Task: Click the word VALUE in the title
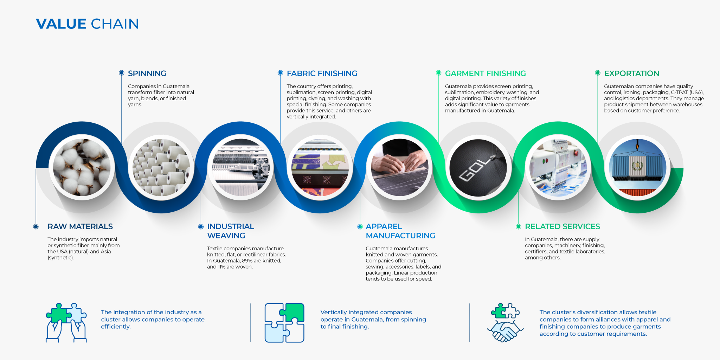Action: pos(61,24)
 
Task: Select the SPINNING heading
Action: pos(147,73)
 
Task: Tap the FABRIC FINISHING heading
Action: pos(322,73)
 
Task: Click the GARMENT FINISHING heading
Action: pos(486,73)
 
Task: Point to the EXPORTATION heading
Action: pos(632,73)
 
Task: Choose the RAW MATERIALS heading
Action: pos(80,226)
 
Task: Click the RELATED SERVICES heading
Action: pos(562,226)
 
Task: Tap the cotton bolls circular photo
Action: pos(82,167)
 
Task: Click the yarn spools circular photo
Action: pos(161,167)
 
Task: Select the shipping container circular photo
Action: pos(637,167)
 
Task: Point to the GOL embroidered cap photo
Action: pos(478,167)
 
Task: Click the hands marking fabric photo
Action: pos(399,167)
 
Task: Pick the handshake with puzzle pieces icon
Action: pos(505,323)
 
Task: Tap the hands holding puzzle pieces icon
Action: pos(66,323)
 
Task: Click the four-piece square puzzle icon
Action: pos(284,323)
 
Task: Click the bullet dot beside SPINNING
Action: pos(122,73)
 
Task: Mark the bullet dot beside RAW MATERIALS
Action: pos(36,226)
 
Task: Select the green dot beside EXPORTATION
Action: pos(598,73)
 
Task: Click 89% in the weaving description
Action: pos(247,261)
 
